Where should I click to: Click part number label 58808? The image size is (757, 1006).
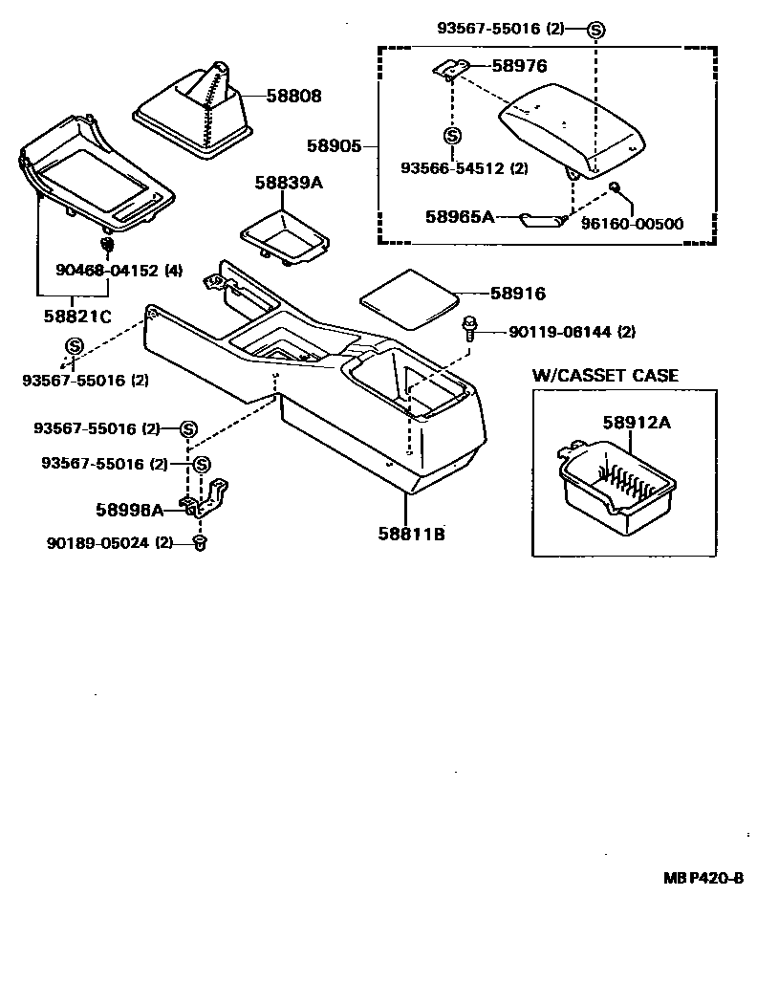294,97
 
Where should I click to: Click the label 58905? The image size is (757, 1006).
335,146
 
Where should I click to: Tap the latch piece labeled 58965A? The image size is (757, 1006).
542,221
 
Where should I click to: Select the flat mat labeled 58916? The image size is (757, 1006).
409,297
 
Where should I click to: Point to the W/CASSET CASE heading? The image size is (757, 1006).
605,375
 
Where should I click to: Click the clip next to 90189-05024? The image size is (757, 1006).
199,544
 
